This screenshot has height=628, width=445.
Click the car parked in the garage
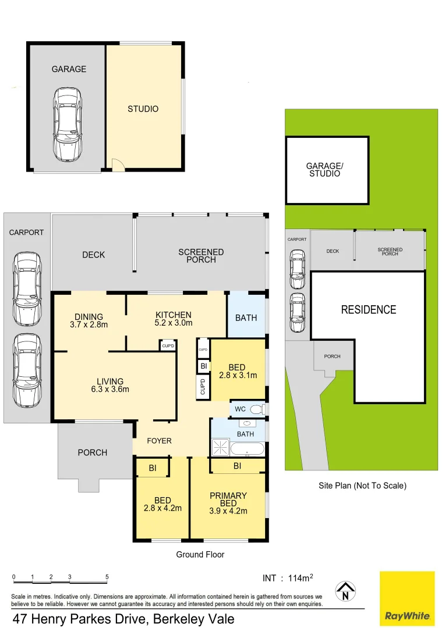point(68,124)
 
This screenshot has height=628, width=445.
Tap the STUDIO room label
point(143,109)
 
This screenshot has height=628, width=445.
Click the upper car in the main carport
point(27,280)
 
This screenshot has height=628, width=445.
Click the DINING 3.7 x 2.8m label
point(89,320)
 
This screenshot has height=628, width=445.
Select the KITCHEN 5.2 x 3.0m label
point(174,319)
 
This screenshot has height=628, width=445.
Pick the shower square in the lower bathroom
point(220,448)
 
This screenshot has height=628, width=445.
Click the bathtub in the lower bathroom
point(248,449)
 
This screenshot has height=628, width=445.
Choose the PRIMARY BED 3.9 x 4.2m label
point(228,504)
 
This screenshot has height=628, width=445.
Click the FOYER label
point(159,441)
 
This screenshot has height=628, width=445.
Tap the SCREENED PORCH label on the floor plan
point(201,256)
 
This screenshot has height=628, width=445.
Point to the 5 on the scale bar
point(107,577)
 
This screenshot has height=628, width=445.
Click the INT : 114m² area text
point(288,578)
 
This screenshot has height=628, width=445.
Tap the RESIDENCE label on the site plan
point(368,310)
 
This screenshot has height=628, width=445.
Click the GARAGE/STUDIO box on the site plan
point(327,170)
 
